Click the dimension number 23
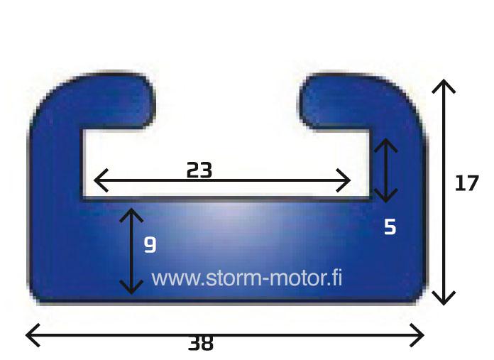click(x=199, y=170)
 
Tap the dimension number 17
click(x=467, y=182)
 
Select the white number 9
click(x=150, y=245)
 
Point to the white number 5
click(x=390, y=227)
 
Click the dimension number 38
click(x=201, y=343)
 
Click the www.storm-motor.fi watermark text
click(x=247, y=278)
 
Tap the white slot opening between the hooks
click(x=227, y=101)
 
